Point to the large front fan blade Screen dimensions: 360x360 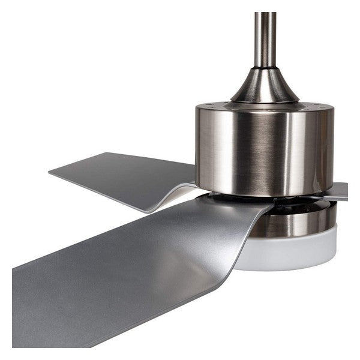[x=120, y=270]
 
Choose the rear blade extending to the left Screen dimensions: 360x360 [x=120, y=177]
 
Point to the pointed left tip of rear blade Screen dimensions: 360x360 [x=50, y=175]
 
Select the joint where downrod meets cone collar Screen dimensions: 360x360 [x=265, y=68]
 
